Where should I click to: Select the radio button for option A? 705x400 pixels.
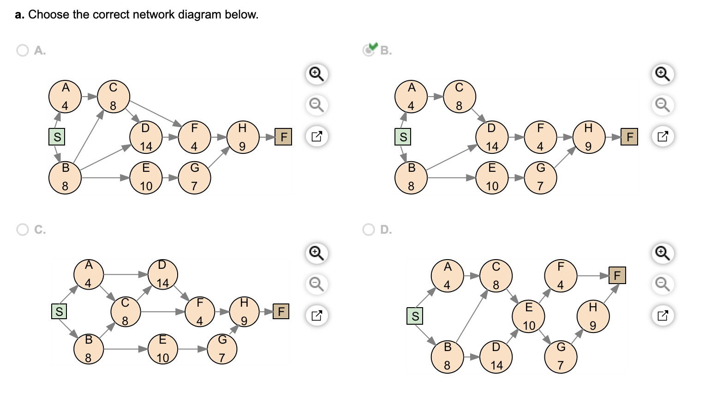tap(22, 50)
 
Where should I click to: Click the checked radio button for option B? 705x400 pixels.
tap(368, 50)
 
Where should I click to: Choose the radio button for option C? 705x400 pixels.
tap(22, 230)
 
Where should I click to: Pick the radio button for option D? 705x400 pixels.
tap(368, 230)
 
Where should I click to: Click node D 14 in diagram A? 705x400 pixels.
tap(146, 137)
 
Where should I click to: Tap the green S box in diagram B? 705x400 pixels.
tap(403, 137)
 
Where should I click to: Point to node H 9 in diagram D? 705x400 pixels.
tap(593, 316)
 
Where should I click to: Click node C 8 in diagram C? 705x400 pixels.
tap(125, 312)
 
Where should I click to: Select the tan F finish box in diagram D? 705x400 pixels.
tap(617, 275)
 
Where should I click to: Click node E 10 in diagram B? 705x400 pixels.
tap(492, 178)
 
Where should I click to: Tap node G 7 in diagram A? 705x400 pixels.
tap(195, 178)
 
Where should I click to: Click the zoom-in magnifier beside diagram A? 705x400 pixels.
tap(317, 74)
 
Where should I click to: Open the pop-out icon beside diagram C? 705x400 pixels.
tap(317, 315)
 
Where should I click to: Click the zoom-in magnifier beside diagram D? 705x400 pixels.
tap(663, 253)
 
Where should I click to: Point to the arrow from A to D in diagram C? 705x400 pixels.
tap(125, 275)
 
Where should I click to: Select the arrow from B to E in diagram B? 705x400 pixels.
tap(452, 178)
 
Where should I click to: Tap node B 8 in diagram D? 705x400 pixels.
tap(447, 357)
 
